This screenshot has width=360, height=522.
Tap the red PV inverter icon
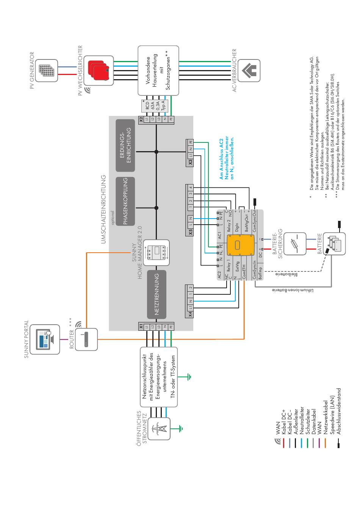pyautogui.click(x=99, y=70)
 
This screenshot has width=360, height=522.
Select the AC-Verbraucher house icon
pyautogui.click(x=249, y=70)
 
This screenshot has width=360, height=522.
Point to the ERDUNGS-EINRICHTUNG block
pyautogui.click(x=125, y=145)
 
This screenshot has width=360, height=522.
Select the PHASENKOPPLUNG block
pyautogui.click(x=125, y=201)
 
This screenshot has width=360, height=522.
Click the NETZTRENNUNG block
pyautogui.click(x=157, y=294)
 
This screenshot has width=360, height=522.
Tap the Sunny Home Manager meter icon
pyautogui.click(x=157, y=253)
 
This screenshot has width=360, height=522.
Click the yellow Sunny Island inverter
pyautogui.click(x=238, y=245)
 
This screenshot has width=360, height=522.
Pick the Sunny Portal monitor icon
pyautogui.click(x=45, y=339)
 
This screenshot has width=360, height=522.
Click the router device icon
pyautogui.click(x=86, y=339)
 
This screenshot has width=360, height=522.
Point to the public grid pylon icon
pyautogui.click(x=159, y=429)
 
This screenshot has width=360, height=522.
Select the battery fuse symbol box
pyautogui.click(x=295, y=244)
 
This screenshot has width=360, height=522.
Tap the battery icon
pyautogui.click(x=334, y=244)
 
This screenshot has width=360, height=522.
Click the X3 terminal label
pyautogui.click(x=190, y=162)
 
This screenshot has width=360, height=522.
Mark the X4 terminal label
pyautogui.click(x=190, y=314)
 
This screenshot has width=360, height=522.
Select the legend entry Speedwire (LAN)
pyautogui.click(x=332, y=415)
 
